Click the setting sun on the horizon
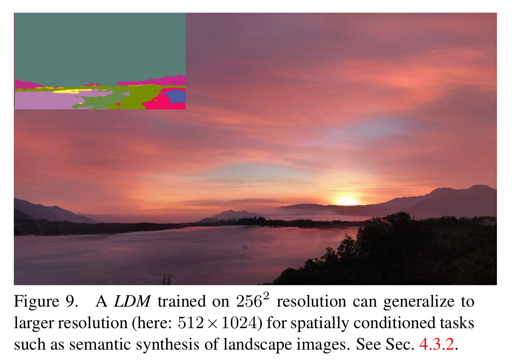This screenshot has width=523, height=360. (x=347, y=201)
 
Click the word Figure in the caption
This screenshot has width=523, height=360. (x=37, y=302)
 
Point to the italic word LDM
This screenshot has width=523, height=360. (x=132, y=301)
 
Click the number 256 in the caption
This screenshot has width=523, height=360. (x=249, y=302)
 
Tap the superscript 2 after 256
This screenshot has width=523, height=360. (x=266, y=296)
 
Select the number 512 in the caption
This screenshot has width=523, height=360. (x=191, y=323)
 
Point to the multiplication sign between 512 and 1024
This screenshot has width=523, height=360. (x=212, y=324)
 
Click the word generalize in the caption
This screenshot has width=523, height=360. (x=419, y=302)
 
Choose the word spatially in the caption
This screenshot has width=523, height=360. (x=320, y=324)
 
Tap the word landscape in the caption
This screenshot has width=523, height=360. (x=258, y=345)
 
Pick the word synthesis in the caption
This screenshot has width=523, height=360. (x=168, y=345)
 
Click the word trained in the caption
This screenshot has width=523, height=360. (x=182, y=302)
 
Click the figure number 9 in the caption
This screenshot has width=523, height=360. (x=71, y=302)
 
